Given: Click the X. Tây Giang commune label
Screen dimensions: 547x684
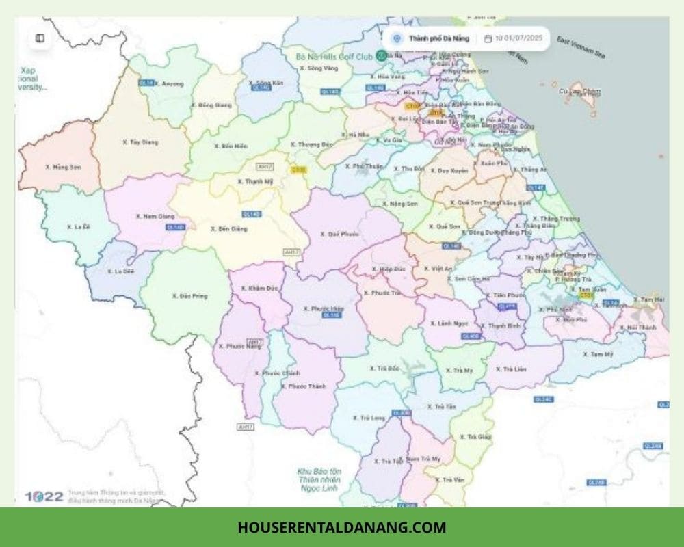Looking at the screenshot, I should tap(140, 142).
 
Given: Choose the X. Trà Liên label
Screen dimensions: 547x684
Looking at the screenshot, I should tap(511, 369).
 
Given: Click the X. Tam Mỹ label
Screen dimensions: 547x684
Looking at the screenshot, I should tap(600, 353).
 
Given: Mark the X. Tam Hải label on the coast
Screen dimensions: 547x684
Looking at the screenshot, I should tap(648, 299).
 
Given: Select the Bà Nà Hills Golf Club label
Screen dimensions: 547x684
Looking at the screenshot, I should tap(334, 56).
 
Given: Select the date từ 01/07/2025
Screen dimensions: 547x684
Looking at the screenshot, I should tap(518, 38).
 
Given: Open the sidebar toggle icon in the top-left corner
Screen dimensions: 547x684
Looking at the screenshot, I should tap(40, 38).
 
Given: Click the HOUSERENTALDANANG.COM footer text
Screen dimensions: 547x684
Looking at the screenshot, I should tap(342, 527).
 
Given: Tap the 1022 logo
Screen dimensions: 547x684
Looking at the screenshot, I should tap(44, 496).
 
